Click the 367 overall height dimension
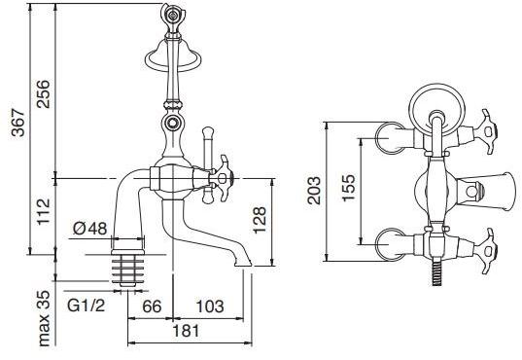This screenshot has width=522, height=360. point(18,123)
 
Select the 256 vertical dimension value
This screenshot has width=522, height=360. point(44,94)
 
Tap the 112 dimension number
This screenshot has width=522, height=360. point(44,212)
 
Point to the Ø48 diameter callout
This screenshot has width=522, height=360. point(89,229)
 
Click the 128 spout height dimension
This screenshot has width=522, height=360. point(260,220)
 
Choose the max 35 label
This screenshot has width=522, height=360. point(44,318)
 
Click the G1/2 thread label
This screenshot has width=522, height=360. point(86,305)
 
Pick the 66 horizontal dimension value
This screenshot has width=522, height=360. point(152,306)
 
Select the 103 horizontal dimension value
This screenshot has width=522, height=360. point(210,306)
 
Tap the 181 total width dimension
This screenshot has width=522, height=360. point(186,331)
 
